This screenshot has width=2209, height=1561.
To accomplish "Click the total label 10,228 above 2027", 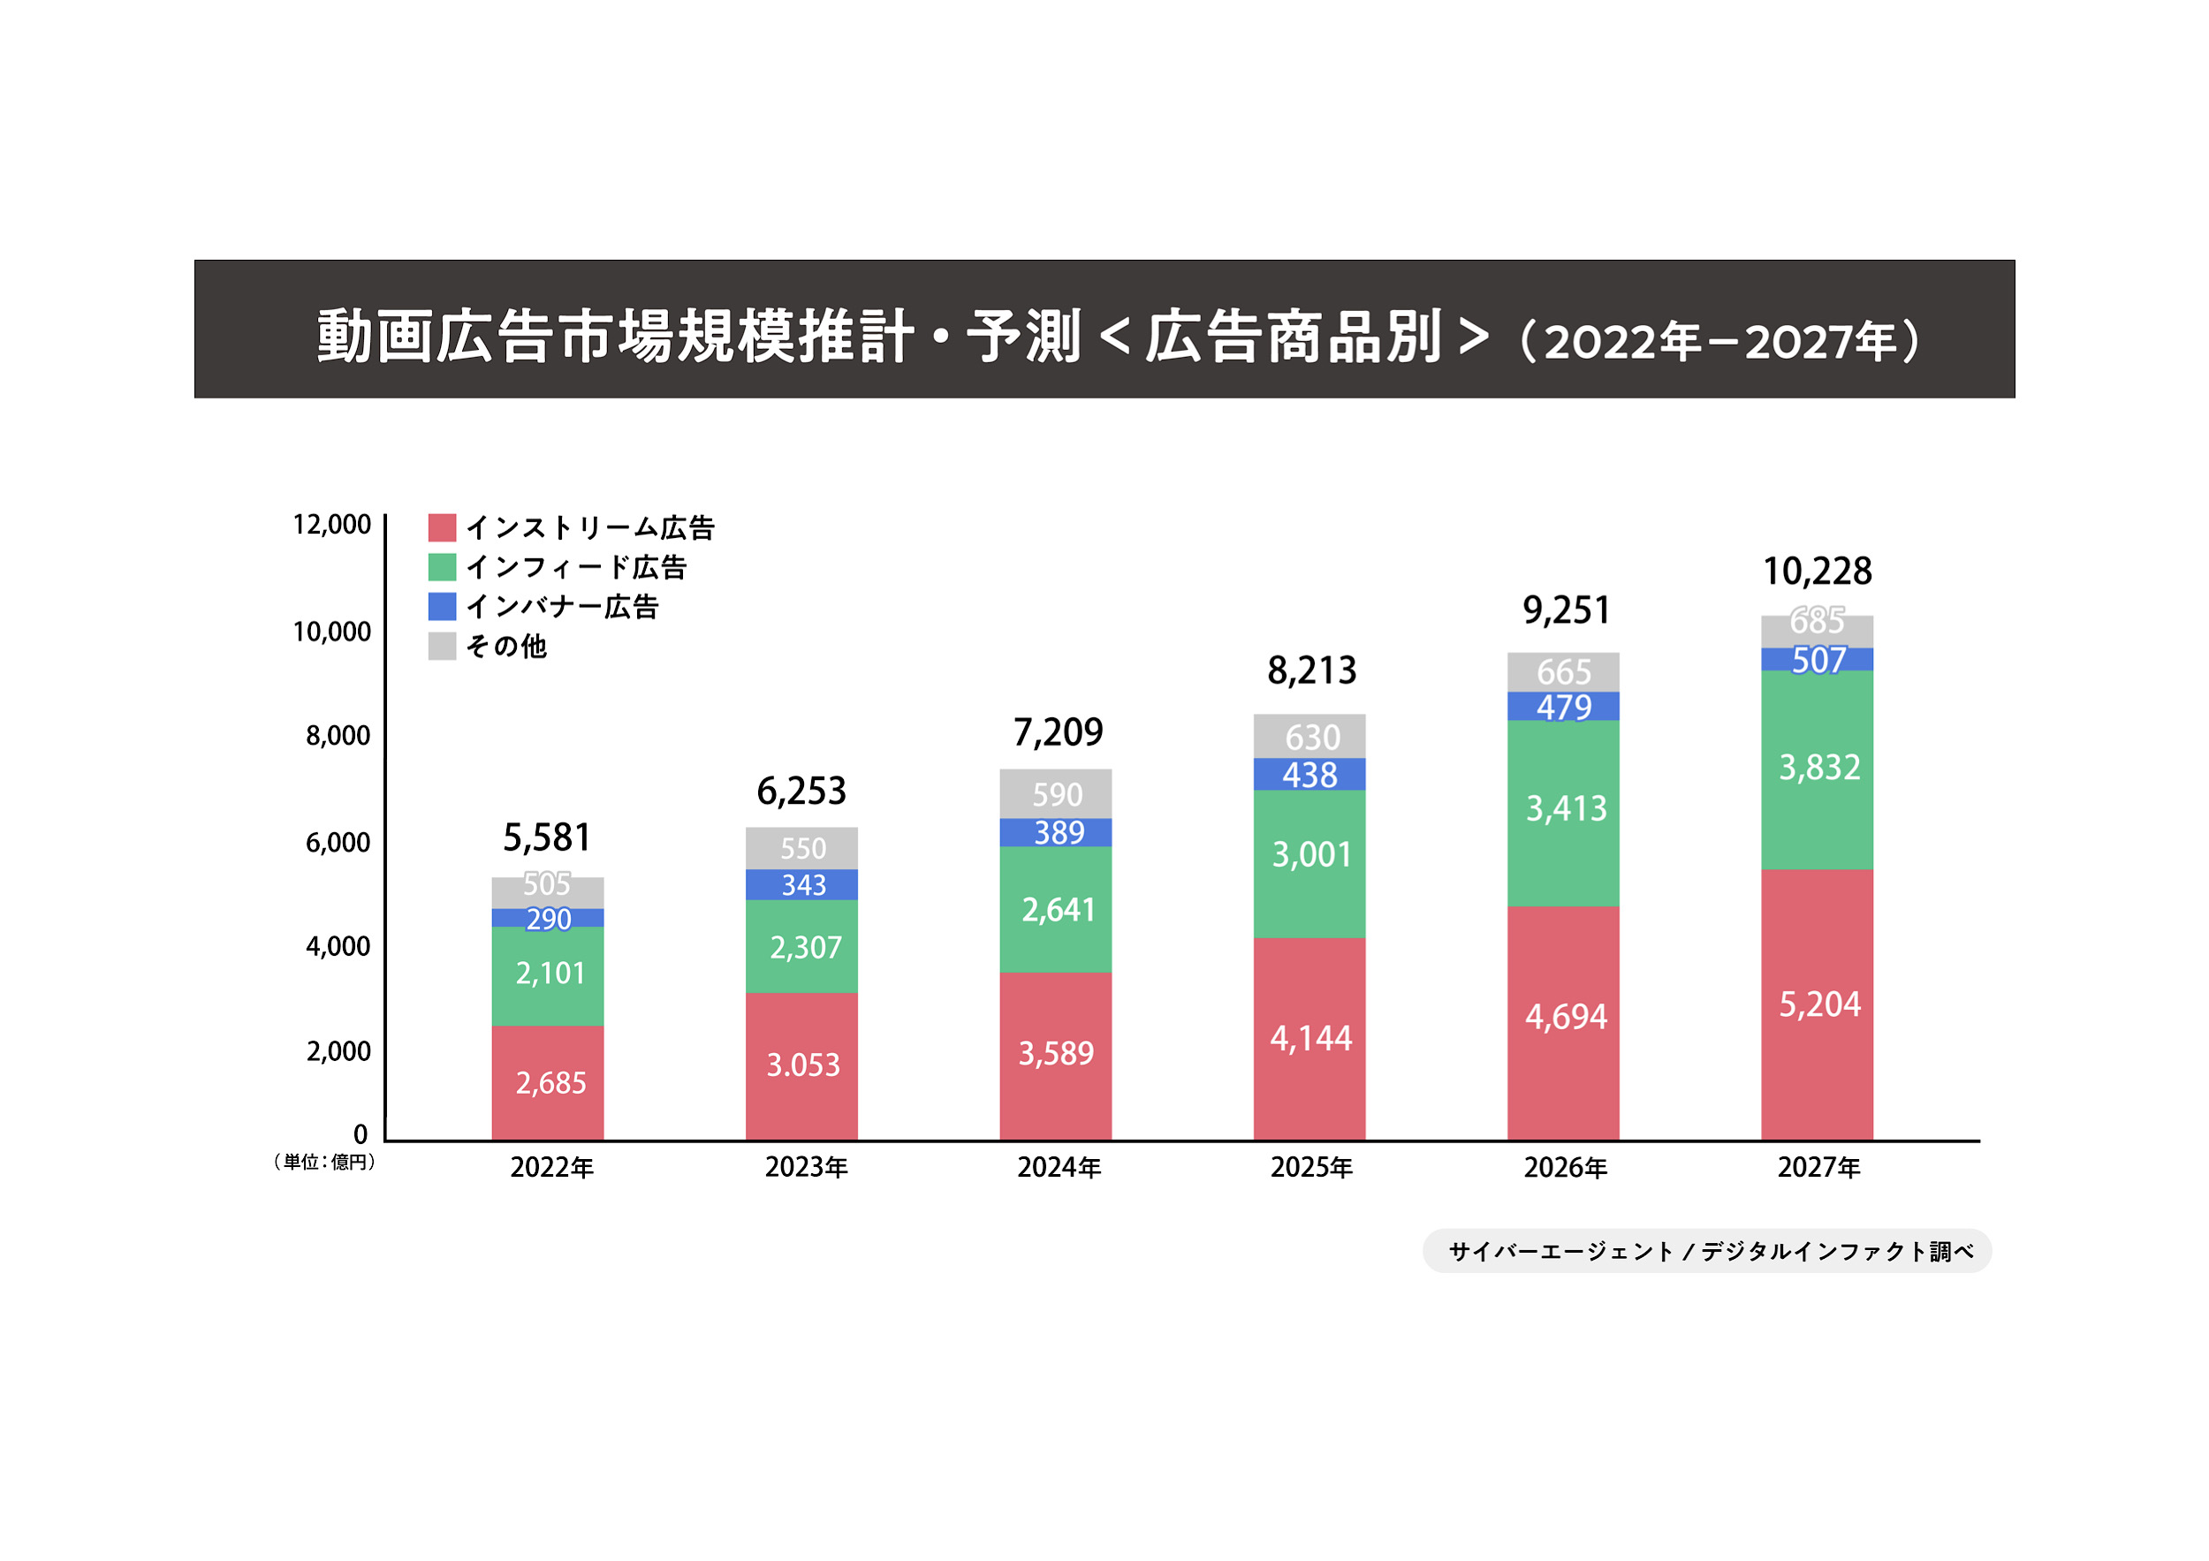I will point(1817,572).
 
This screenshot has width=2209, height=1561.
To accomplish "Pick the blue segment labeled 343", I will point(801,884).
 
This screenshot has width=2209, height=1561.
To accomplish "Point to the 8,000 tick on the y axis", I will point(338,736).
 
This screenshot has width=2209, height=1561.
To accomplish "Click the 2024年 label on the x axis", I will point(1059,1168).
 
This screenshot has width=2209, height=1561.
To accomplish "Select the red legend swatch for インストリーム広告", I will point(442,527).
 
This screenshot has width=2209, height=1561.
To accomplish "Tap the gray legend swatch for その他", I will point(442,646).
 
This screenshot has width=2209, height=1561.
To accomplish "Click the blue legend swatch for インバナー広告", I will point(442,606).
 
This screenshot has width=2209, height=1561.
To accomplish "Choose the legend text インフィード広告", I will point(576,567).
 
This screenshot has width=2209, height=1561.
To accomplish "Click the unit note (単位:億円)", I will point(324,1162).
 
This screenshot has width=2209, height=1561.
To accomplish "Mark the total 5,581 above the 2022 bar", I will point(546,837).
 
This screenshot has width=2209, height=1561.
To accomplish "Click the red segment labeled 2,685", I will point(548,1082).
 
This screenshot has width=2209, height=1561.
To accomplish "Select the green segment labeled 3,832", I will point(1817,769).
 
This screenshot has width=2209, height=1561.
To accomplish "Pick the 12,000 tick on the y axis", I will point(331,524).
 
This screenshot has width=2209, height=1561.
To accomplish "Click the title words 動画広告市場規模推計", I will point(616,337).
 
